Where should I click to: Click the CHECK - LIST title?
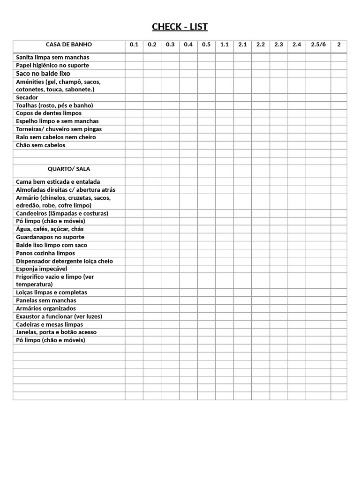tap(180, 27)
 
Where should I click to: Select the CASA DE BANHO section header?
tap(69, 45)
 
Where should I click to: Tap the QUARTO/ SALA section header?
tap(69, 169)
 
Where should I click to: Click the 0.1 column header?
tap(134, 45)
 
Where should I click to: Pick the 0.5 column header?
tap(206, 45)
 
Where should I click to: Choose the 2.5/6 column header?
tap(318, 45)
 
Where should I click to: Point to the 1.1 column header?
tap(225, 45)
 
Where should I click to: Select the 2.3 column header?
tap(279, 45)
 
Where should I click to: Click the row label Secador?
tap(27, 97)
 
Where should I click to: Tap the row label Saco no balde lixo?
tap(43, 74)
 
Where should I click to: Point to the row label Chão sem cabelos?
tap(41, 145)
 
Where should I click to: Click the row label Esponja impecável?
tap(42, 269)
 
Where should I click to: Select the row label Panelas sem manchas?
tap(46, 300)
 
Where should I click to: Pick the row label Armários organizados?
tap(46, 308)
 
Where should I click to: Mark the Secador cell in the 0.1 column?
tap(134, 97)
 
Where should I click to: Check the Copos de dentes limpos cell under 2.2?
tap(261, 113)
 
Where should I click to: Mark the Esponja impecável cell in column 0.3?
tap(170, 269)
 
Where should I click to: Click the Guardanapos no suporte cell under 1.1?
tap(225, 237)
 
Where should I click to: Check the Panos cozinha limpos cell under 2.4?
tap(297, 253)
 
